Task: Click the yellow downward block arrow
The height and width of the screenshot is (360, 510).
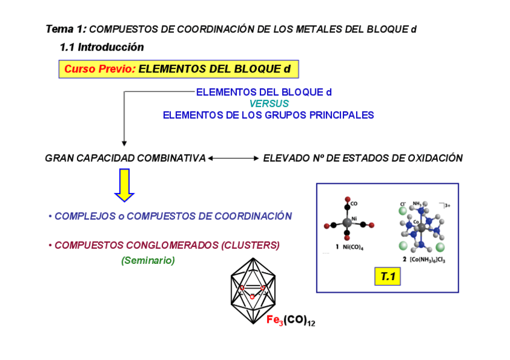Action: [124, 185]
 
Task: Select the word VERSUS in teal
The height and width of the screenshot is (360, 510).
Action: [269, 103]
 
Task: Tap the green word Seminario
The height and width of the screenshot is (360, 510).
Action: [148, 261]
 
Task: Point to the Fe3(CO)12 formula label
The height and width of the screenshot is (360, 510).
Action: [291, 321]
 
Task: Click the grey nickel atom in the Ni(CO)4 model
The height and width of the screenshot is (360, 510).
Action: [348, 223]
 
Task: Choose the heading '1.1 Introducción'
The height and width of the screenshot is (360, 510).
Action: [102, 47]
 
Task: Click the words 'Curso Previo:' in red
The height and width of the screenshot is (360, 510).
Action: [100, 69]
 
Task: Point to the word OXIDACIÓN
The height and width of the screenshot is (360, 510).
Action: [435, 159]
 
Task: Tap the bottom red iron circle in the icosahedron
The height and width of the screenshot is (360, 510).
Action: [253, 296]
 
